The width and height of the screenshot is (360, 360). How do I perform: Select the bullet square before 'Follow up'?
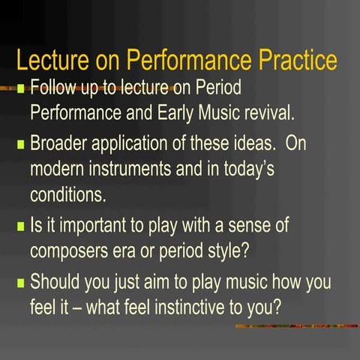(x=21, y=88)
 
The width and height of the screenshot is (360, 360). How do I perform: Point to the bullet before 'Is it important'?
(x=21, y=225)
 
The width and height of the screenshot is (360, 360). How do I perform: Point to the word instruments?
(x=130, y=169)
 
